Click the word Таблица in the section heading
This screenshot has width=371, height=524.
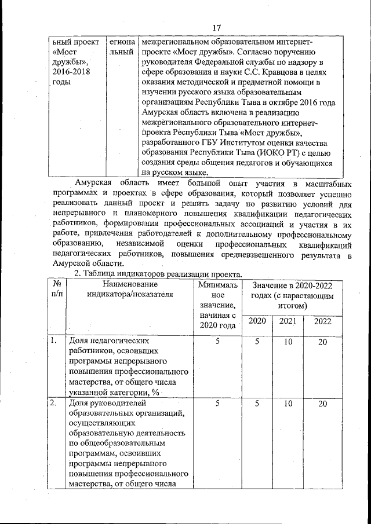click(x=103, y=274)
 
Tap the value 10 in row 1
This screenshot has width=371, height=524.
click(x=287, y=342)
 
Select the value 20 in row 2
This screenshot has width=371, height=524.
click(x=322, y=404)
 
